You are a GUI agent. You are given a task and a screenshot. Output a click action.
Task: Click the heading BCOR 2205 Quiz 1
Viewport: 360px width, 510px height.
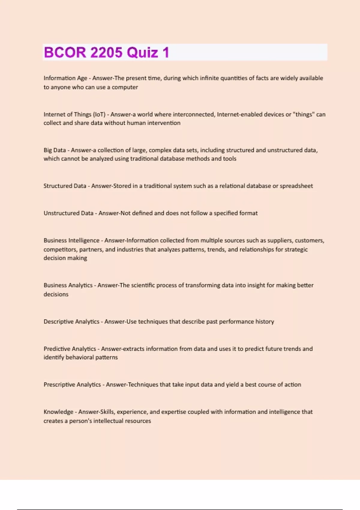coord(106,52)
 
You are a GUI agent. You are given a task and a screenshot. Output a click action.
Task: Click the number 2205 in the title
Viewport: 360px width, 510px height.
coord(106,52)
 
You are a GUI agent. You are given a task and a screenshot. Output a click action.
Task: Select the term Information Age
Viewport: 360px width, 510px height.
coord(65,78)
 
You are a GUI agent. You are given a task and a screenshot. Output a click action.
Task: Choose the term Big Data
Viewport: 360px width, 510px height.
coord(54,150)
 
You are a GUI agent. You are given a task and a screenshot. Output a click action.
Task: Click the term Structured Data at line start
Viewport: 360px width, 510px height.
coord(64,186)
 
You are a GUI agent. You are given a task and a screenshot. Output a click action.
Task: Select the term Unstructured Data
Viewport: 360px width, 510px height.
coord(68,213)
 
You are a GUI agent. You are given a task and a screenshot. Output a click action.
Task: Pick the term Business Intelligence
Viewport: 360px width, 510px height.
coord(71,241)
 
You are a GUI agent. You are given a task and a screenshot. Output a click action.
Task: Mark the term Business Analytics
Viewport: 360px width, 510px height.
coord(68,285)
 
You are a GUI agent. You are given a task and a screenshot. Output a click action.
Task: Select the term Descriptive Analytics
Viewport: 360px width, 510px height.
coord(71,322)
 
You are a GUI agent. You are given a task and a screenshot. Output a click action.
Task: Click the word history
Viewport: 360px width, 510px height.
coord(265,322)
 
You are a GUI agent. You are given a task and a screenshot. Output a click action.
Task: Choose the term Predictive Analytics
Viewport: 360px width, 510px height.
coord(70,349)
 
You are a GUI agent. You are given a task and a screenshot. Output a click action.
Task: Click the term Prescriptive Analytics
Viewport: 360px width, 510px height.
coord(72,385)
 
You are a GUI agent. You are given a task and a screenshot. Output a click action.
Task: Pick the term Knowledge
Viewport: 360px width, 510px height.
coord(58,412)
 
